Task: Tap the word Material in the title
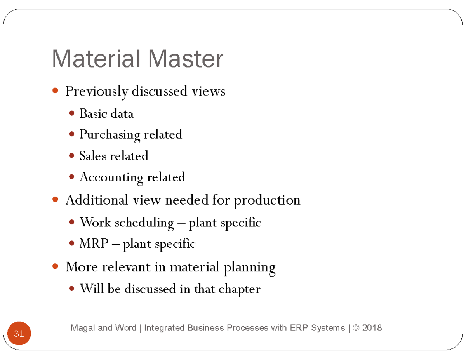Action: [97, 59]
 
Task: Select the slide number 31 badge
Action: [19, 334]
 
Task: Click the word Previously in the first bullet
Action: [97, 92]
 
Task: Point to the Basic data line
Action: [106, 113]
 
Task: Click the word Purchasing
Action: [110, 135]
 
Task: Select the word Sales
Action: [93, 156]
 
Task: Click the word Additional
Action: [97, 200]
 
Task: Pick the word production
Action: [267, 200]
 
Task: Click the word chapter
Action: [239, 289]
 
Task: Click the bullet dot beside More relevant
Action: [55, 267]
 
